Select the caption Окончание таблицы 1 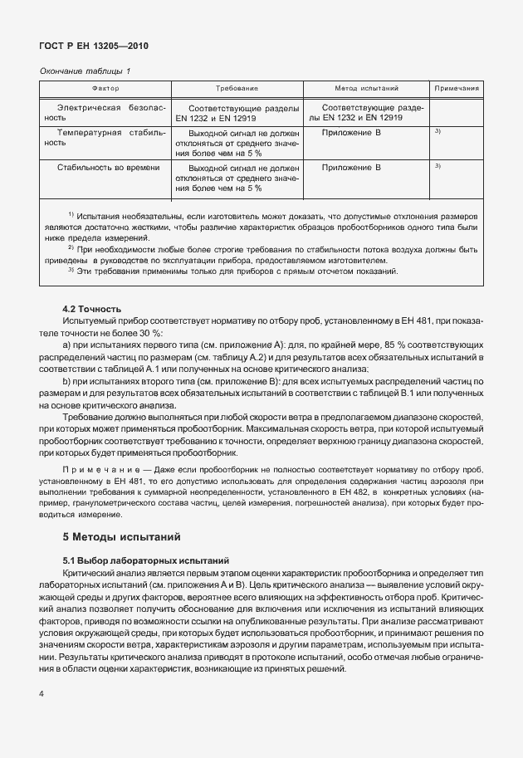coord(86,71)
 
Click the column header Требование coord(237,87)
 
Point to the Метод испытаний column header coord(366,87)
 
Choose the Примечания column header coord(456,87)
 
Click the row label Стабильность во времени coord(108,168)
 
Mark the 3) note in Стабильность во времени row coord(437,166)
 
